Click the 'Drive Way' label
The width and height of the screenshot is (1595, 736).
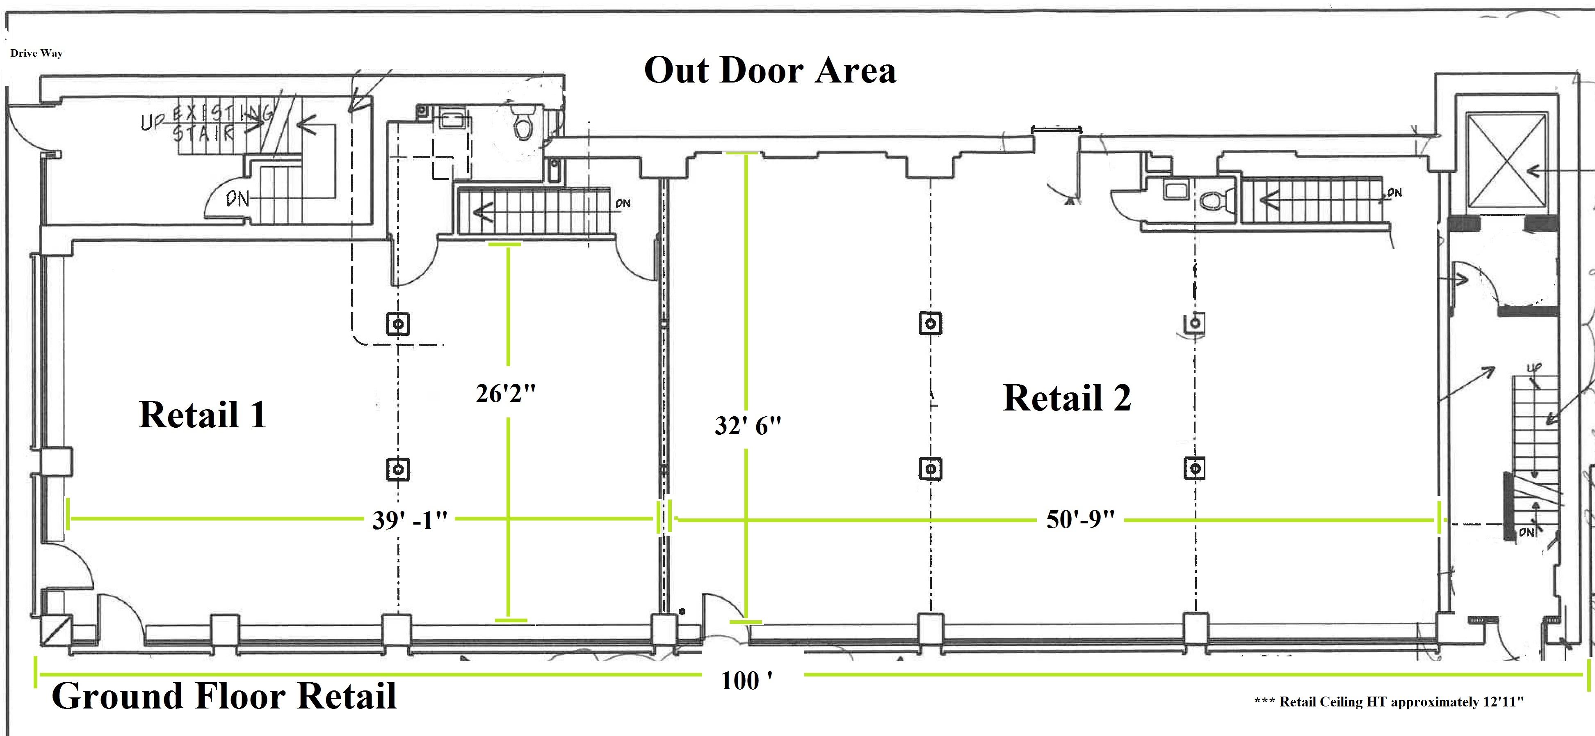(37, 53)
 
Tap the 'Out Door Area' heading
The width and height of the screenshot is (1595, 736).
(770, 71)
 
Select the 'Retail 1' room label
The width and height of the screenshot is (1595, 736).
(203, 415)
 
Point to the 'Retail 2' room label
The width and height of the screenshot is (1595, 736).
(1067, 398)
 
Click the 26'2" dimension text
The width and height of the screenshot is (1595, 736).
(505, 393)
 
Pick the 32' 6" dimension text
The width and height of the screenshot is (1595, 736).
(747, 426)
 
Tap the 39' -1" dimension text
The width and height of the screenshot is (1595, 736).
(410, 520)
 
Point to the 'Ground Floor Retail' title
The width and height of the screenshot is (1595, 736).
(224, 696)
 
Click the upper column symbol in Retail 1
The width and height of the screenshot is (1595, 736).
(398, 323)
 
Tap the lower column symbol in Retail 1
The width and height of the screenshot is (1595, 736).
(398, 469)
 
